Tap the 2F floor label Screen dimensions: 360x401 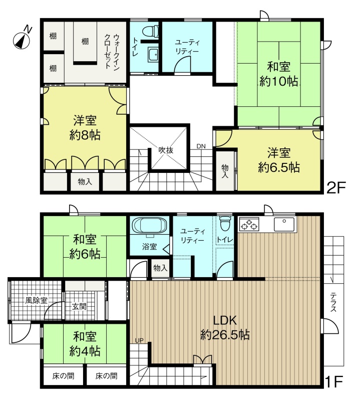click(336, 188)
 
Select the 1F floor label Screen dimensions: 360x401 click(334, 382)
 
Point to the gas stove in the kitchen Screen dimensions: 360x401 click(249, 224)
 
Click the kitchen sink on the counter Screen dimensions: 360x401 click(284, 224)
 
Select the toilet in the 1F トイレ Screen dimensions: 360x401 click(225, 223)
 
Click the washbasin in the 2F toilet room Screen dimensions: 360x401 click(153, 55)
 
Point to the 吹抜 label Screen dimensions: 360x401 click(166, 150)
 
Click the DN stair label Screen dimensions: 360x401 click(201, 146)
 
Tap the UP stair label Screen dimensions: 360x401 click(139, 341)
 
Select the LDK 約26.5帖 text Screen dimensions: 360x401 click(225, 327)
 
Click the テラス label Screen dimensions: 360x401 click(333, 302)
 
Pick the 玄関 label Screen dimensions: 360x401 click(79, 306)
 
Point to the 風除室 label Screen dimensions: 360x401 click(36, 300)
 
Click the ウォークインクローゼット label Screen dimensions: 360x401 click(112, 51)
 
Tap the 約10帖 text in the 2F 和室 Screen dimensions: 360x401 click(278, 81)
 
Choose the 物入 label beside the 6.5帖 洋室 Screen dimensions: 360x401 click(225, 171)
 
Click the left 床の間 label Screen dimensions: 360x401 click(63, 375)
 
